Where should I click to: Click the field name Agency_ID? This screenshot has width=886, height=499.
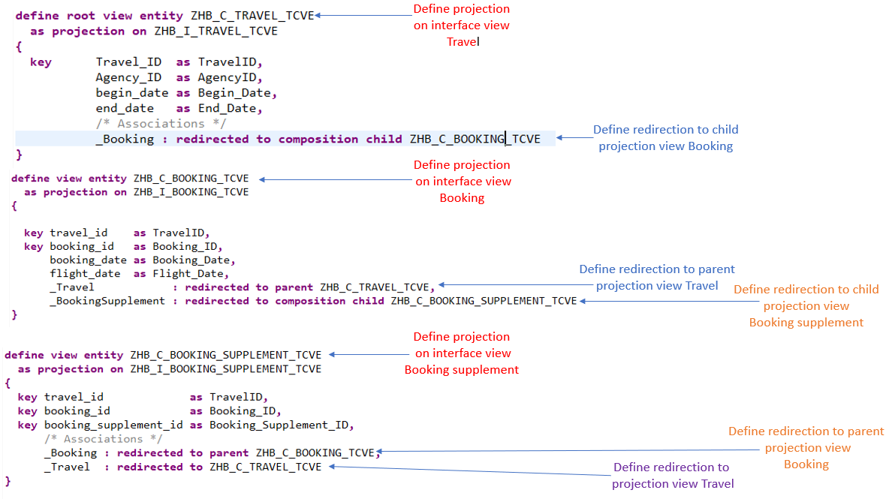coord(128,77)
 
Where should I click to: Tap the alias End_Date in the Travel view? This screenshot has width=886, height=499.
coord(237,108)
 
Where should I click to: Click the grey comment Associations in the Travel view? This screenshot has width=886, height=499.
coord(161,123)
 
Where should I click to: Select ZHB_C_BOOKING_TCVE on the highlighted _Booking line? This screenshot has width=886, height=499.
coord(475,139)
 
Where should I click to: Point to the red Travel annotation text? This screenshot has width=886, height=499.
coord(463,42)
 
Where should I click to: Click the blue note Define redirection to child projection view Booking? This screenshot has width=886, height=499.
coord(665,138)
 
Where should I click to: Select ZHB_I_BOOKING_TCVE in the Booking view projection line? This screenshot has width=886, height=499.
coord(191,192)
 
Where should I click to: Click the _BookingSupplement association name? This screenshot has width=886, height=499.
coord(107,301)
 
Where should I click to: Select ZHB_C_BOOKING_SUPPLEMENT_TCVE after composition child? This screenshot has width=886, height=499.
coord(484,301)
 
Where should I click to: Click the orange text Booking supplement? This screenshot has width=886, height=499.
coord(806,323)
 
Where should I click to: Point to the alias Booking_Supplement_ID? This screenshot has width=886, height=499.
coord(281,425)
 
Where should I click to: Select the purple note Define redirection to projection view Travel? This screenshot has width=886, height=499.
coord(672,476)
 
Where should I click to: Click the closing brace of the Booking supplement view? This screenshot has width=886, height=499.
coord(8,479)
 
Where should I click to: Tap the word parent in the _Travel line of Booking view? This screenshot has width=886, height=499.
coord(295,287)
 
